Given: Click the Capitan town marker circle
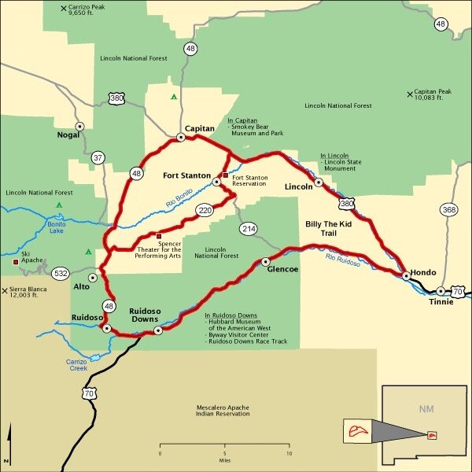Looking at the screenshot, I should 180,137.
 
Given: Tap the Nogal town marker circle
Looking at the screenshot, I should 79,126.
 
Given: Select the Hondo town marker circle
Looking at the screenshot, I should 406,276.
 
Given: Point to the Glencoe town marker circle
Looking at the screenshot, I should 265,261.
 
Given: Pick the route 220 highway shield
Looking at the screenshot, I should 205,211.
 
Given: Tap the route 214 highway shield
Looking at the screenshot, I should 249,229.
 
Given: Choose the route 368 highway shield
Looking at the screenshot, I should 448,210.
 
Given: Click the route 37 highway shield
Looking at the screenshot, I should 98,157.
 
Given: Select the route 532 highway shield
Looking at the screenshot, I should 61,274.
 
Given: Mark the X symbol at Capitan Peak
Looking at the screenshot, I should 409,95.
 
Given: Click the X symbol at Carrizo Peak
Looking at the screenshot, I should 64,9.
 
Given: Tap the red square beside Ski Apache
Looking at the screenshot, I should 15,261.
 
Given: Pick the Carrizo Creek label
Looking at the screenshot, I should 77,364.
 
